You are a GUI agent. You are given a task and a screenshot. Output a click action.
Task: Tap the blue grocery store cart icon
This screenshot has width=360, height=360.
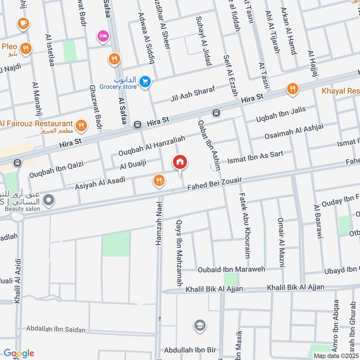coord(144,81)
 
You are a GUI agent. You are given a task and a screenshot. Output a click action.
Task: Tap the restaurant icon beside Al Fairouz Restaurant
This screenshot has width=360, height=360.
coord(81,126)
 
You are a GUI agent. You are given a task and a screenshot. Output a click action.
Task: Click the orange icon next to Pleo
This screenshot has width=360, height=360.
coord(26,48)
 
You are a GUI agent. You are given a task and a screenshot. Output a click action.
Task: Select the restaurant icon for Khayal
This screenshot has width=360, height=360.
coord(292,89)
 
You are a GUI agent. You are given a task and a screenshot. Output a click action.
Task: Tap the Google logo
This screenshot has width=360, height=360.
coord(19,353)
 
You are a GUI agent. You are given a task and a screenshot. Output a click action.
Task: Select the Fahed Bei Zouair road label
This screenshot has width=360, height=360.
coord(214,185)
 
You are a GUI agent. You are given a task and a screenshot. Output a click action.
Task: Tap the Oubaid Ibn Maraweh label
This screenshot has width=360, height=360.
coord(232,269)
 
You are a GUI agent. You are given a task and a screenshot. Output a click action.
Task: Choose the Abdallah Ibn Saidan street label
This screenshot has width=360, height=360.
coord(56,329)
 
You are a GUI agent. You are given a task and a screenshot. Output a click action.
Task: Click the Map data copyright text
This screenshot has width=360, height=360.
coord(336,355)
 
